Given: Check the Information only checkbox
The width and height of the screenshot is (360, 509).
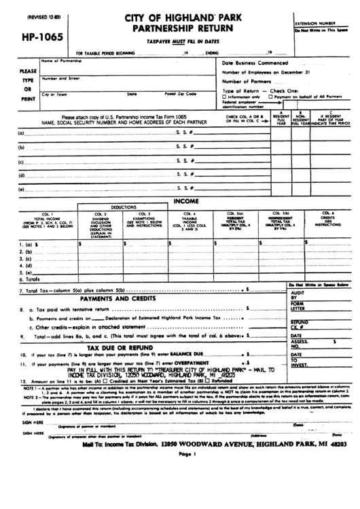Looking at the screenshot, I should pyautogui.click(x=226, y=96).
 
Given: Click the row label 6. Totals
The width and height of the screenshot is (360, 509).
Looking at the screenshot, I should pyautogui.click(x=32, y=279).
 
